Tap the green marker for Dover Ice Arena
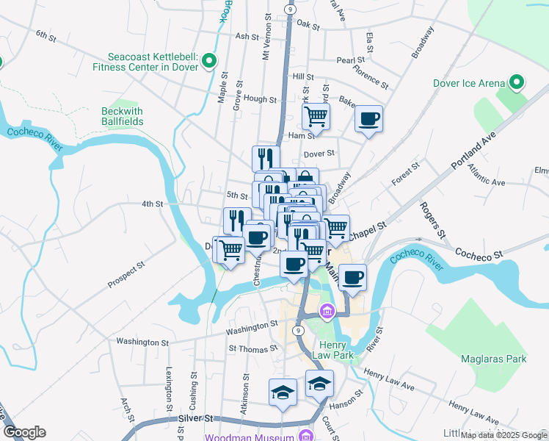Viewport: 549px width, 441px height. pos(517,82)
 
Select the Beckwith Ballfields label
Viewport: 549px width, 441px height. pos(122,116)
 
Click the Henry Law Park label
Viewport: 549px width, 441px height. pos(337,350)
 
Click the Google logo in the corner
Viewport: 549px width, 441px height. pos(24,432)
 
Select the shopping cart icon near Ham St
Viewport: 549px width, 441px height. pos(316,115)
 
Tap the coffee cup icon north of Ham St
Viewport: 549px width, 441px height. pos(368,118)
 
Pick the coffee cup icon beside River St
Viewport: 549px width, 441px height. pos(352,277)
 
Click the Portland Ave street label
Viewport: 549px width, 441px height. pos(475,151)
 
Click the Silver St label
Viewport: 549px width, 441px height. pos(194,417)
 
